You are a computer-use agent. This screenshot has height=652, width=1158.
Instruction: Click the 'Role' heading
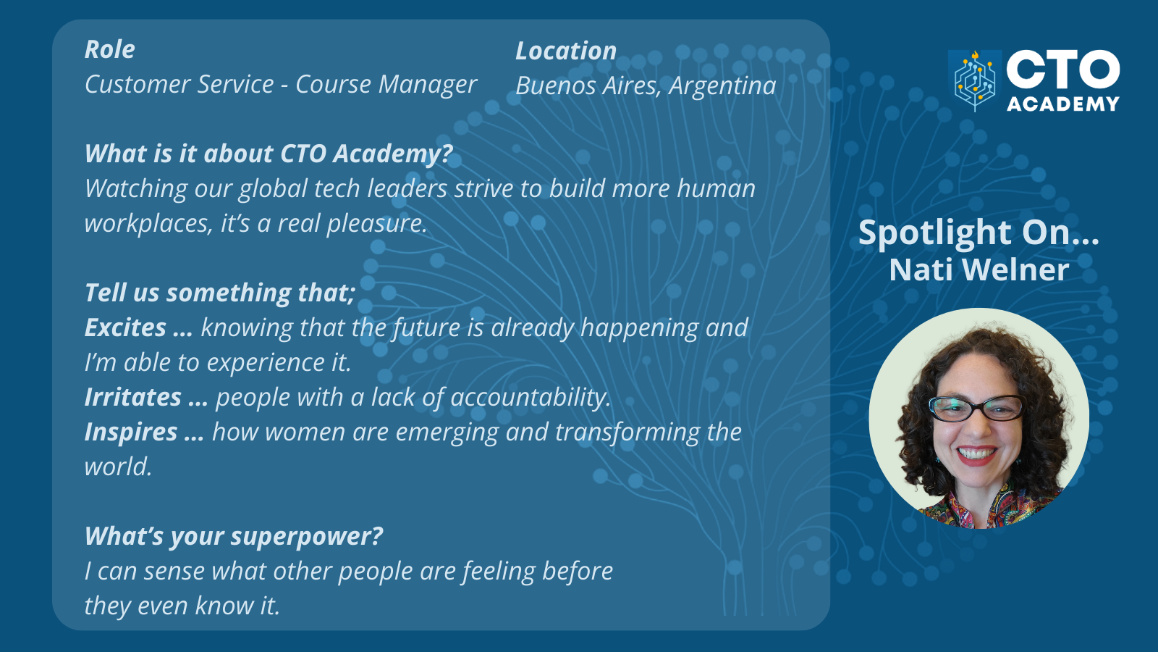(x=109, y=50)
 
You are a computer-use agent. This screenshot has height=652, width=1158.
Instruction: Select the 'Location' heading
(x=566, y=51)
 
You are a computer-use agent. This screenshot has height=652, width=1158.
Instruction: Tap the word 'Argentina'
(x=722, y=85)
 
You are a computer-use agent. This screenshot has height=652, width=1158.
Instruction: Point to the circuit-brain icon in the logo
(x=974, y=80)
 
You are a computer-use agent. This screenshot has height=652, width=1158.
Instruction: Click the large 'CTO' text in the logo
(x=1063, y=70)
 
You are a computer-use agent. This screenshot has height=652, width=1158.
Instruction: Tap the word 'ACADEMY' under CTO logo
(x=1063, y=104)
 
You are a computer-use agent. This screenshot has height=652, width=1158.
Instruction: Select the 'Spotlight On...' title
(x=978, y=233)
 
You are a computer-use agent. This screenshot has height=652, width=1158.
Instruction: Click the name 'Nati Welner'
(x=979, y=270)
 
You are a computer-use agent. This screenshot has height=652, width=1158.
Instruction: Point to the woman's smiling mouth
(x=976, y=455)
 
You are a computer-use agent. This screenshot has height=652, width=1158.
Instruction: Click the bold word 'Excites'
(x=125, y=327)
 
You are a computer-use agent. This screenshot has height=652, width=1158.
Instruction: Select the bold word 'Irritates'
(x=133, y=397)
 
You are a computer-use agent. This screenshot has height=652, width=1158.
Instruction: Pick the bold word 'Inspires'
(x=131, y=432)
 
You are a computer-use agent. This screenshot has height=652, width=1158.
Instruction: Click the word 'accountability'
(x=531, y=398)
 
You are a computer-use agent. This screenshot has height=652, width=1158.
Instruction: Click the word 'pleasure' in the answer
(x=377, y=224)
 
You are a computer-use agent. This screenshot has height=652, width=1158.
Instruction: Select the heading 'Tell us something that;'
(x=220, y=293)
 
